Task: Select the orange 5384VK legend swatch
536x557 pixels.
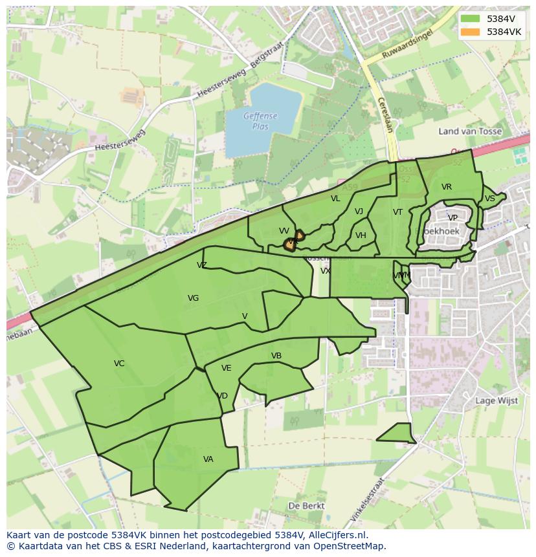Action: coord(471,32)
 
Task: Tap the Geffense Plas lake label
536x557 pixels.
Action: coord(260,121)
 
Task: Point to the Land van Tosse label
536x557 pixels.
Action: coord(470,131)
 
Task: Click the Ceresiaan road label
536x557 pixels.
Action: coord(384,115)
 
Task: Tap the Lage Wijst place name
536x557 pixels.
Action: coord(497,400)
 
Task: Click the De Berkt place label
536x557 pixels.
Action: coord(306,505)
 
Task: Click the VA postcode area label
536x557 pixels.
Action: coord(208,459)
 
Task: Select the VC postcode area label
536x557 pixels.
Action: coord(119,364)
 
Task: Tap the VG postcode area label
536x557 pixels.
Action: coord(193,298)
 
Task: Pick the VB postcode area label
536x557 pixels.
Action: coord(276,356)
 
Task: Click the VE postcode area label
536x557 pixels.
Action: coord(226,368)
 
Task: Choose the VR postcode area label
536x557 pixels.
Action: coord(447,187)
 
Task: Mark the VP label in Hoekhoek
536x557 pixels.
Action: coord(452,218)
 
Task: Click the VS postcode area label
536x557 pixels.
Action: coord(489,199)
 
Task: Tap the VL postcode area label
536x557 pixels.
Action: coord(335,199)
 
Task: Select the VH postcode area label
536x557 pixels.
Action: coord(361,235)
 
